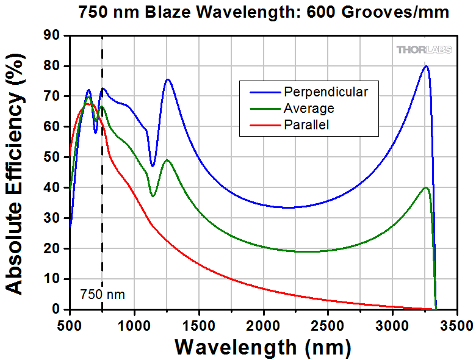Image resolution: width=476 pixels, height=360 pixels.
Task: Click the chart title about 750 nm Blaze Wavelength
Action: pyautogui.click(x=263, y=12)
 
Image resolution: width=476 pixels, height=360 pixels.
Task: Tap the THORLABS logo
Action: pyautogui.click(x=425, y=49)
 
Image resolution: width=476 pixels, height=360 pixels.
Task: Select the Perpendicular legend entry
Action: pyautogui.click(x=325, y=92)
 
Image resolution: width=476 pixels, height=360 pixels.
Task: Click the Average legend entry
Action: pyautogui.click(x=309, y=109)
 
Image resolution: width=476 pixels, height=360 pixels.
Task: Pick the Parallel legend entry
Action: pyautogui.click(x=306, y=125)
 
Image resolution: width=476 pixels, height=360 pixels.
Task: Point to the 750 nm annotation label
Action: pyautogui.click(x=103, y=295)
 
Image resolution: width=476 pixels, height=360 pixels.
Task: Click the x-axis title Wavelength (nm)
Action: pyautogui.click(x=263, y=347)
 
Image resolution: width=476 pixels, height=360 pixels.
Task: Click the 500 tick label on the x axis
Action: pyautogui.click(x=70, y=323)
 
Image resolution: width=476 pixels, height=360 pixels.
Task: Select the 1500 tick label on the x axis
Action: pyautogui.click(x=199, y=323)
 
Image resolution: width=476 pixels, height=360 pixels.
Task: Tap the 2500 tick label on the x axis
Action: pyautogui.click(x=328, y=323)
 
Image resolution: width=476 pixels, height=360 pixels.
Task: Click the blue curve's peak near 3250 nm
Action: pyautogui.click(x=426, y=67)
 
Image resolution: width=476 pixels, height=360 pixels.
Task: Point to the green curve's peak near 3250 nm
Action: pyautogui.click(x=426, y=188)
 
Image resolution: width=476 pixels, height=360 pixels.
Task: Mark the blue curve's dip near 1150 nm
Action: pyautogui.click(x=153, y=166)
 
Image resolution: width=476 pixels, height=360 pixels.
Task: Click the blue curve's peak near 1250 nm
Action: pyautogui.click(x=167, y=79)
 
